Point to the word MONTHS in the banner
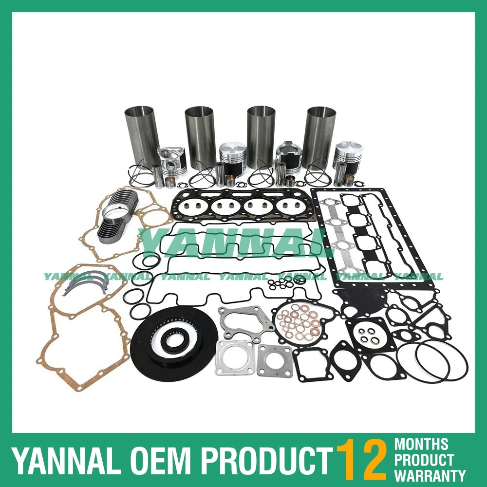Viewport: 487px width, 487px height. (x=421, y=444)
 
